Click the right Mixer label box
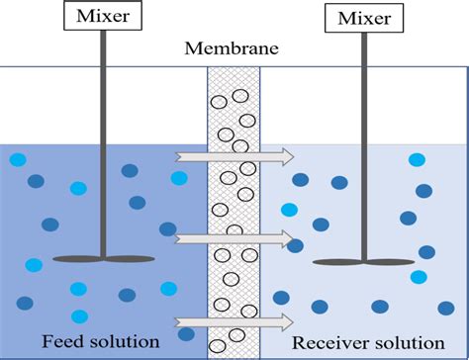pyautogui.click(x=363, y=19)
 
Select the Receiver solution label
pyautogui.click(x=369, y=342)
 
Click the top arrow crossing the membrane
pyautogui.click(x=234, y=155)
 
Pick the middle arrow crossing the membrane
pyautogui.click(x=234, y=238)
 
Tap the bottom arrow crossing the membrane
pyautogui.click(x=234, y=320)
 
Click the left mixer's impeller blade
pyautogui.click(x=103, y=259)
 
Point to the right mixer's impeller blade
pyautogui.click(x=363, y=262)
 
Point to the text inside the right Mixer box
pyautogui.click(x=363, y=19)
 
